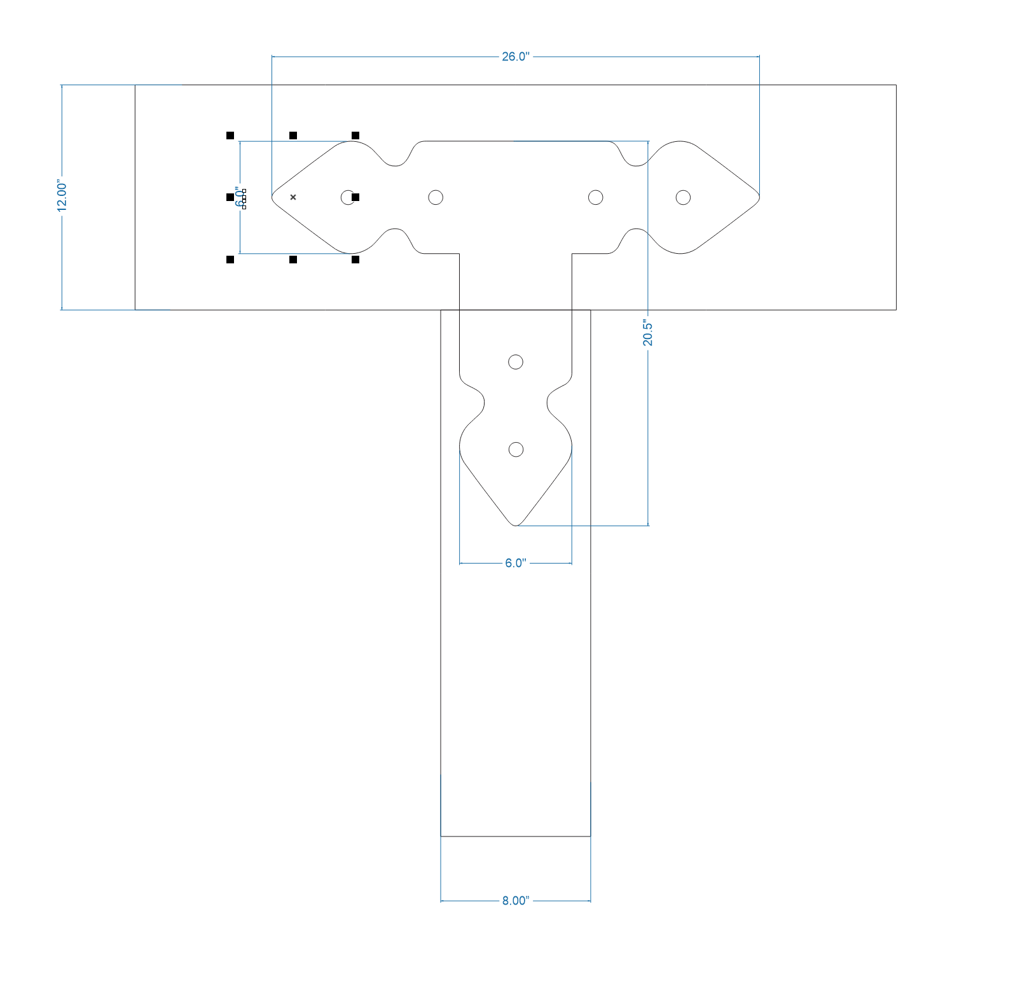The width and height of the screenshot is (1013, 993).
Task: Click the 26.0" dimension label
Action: [x=515, y=57]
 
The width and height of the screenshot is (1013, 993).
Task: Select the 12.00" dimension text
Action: [x=62, y=196]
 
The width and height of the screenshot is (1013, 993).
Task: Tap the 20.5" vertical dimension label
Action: [x=647, y=333]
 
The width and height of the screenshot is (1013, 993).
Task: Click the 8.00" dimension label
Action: [x=515, y=901]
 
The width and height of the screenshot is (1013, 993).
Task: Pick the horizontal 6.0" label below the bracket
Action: [x=515, y=563]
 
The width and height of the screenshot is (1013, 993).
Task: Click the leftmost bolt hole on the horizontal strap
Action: [x=348, y=197]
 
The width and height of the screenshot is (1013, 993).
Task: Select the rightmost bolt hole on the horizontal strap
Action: [x=683, y=197]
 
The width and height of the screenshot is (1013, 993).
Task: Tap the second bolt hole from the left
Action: [x=436, y=197]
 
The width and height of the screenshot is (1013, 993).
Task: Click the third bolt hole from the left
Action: [x=595, y=197]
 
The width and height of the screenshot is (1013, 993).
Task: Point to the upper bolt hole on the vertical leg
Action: [x=516, y=362]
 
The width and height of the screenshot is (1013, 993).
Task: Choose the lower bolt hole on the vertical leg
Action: [x=516, y=450]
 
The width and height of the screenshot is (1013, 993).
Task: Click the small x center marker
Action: [x=293, y=197]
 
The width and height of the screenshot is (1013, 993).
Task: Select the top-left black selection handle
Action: [x=230, y=135]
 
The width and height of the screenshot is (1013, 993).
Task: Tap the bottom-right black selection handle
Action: [x=355, y=260]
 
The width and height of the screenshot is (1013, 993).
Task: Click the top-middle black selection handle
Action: [x=293, y=135]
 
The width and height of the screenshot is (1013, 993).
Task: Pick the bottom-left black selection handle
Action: [x=230, y=260]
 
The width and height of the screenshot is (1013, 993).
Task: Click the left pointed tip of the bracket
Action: [x=273, y=197]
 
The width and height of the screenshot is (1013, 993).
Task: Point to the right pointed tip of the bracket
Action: [x=759, y=197]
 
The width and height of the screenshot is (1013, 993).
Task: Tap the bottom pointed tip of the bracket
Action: [x=516, y=525]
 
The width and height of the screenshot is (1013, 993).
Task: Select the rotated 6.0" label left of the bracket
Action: [x=239, y=197]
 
